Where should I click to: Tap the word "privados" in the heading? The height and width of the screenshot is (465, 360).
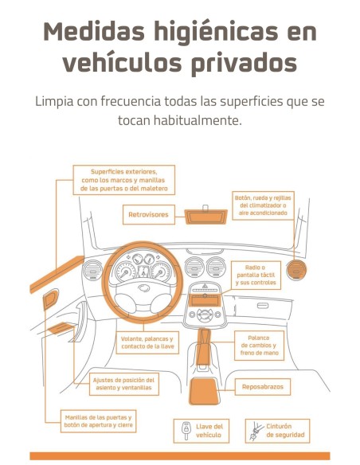click(243, 64)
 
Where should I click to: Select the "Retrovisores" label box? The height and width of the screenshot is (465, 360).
click(149, 214)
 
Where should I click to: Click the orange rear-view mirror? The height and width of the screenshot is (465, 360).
click(205, 217)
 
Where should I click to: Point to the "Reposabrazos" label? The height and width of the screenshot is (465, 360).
click(263, 387)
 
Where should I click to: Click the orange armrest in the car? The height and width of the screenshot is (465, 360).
click(204, 391)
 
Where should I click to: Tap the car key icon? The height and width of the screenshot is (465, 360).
click(186, 431)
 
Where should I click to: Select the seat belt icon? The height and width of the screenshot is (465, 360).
click(256, 432)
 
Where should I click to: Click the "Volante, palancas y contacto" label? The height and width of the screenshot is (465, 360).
click(147, 343)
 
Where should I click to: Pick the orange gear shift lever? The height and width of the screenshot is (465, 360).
click(204, 346)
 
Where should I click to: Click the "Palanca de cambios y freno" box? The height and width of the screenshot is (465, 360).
click(259, 346)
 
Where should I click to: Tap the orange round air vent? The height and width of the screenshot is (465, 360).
click(295, 271)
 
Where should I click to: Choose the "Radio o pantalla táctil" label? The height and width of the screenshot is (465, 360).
click(256, 275)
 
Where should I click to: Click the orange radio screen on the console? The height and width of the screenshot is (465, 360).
click(205, 301)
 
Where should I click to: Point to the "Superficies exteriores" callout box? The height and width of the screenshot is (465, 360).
click(124, 180)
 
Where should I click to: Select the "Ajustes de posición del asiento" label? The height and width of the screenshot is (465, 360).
click(124, 384)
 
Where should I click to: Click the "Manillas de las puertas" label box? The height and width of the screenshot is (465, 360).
click(99, 421)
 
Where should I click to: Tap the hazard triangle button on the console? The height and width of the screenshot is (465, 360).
click(205, 286)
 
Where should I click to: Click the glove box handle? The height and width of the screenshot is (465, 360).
click(263, 306)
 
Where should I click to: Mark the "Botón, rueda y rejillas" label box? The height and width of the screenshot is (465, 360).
click(263, 205)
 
